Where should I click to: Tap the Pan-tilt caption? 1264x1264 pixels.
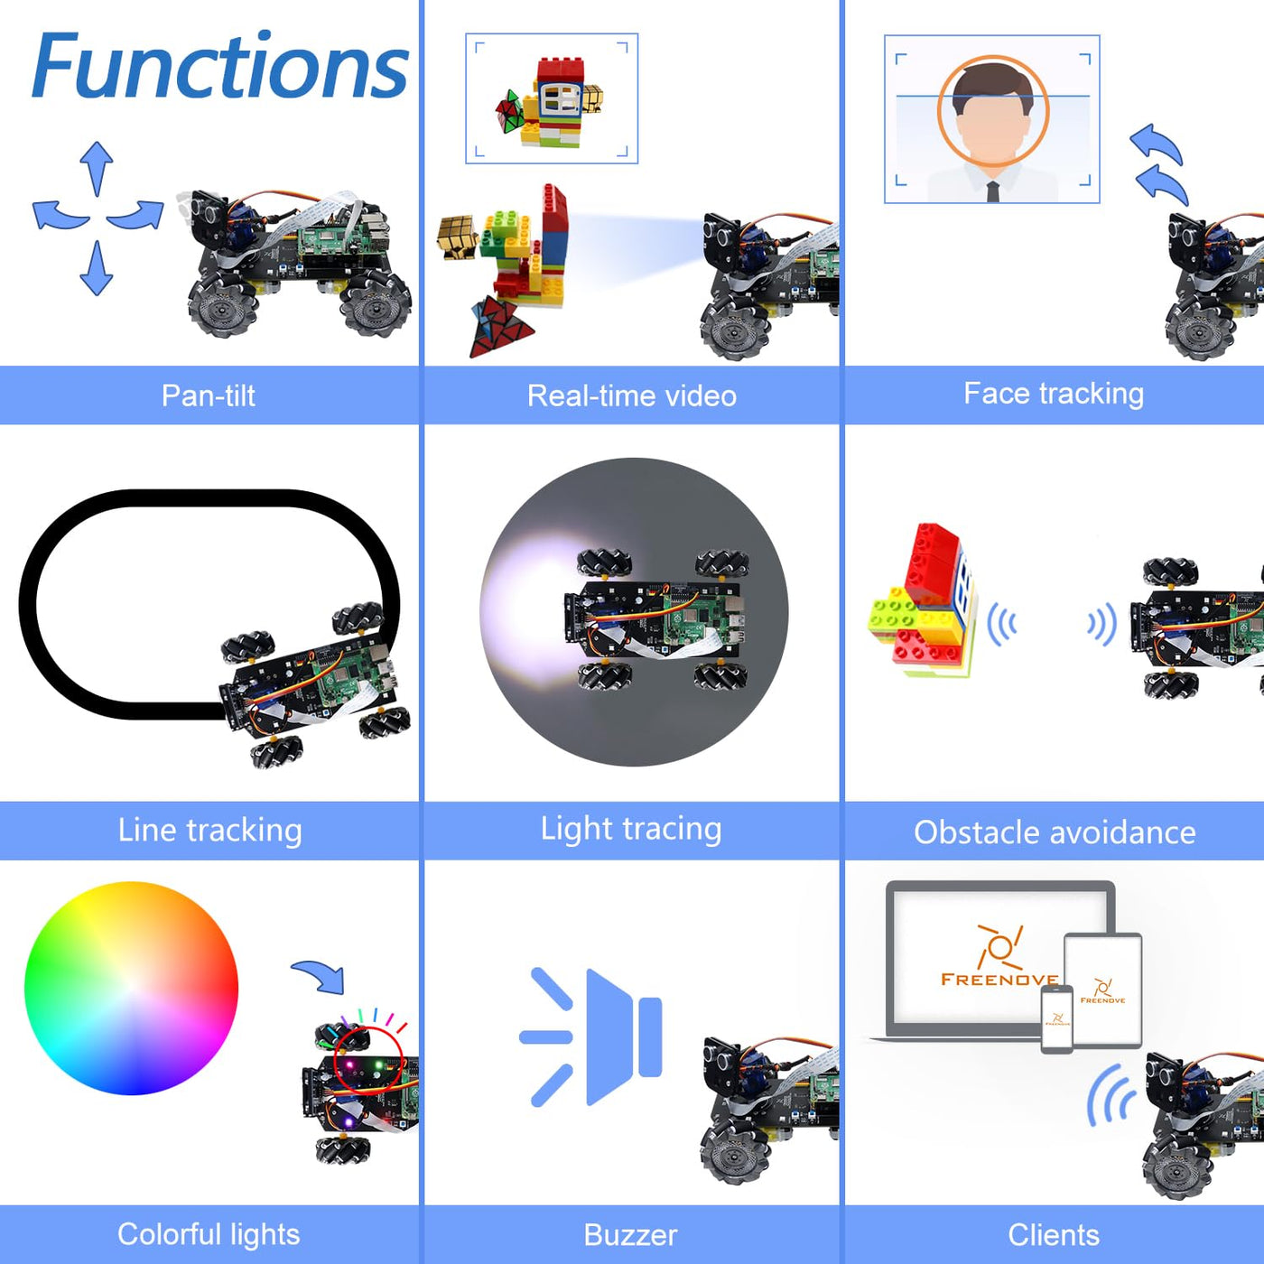208,395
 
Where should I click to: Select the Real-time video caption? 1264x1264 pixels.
631,395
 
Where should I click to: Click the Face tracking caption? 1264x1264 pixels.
1053,394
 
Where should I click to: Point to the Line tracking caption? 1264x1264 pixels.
209,830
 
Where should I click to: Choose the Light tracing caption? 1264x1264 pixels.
631,829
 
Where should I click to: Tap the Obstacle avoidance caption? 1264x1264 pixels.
1054,832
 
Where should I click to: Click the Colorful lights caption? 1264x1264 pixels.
209,1233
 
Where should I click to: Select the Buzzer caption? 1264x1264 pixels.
630,1234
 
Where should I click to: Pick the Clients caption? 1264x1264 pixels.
1053,1234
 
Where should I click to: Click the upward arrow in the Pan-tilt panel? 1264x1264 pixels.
97,166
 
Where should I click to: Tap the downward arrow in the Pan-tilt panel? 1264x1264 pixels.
96,269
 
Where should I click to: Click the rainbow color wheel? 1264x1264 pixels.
131,989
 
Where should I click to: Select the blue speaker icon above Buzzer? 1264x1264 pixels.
596,1036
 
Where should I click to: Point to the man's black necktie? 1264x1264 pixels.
993,191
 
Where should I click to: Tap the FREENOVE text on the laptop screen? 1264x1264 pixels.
999,979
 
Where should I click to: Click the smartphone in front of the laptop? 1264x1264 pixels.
1057,1018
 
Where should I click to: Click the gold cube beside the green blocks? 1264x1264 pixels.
458,236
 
